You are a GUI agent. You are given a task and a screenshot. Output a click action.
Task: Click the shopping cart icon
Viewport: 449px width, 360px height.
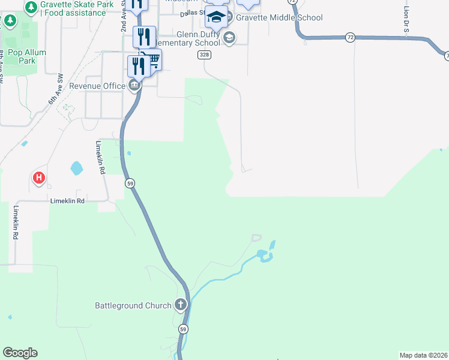tap(154, 59)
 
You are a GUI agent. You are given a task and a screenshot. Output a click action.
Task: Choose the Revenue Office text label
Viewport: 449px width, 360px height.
tap(97, 86)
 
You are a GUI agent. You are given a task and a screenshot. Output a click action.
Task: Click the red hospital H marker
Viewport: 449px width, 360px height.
tap(39, 178)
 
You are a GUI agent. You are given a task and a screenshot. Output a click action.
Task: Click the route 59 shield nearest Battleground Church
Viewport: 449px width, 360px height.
tap(184, 329)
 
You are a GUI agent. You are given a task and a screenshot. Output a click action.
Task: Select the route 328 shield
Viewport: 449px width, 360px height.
tap(205, 55)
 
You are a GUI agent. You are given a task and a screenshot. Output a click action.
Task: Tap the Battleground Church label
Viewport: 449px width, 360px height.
tap(133, 305)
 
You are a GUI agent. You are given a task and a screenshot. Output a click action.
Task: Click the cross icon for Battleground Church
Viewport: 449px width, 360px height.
tap(181, 305)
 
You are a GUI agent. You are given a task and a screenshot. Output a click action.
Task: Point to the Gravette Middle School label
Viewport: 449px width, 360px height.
tap(279, 17)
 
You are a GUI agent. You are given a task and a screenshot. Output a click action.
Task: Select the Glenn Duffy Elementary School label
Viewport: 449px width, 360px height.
tap(190, 39)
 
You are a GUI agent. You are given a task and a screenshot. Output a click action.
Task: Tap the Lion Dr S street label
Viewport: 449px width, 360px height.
tap(406, 21)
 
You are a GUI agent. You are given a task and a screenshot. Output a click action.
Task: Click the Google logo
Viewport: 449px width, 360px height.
tap(20, 353)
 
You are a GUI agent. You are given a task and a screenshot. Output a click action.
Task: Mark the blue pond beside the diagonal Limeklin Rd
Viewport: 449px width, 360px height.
tap(77, 168)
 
